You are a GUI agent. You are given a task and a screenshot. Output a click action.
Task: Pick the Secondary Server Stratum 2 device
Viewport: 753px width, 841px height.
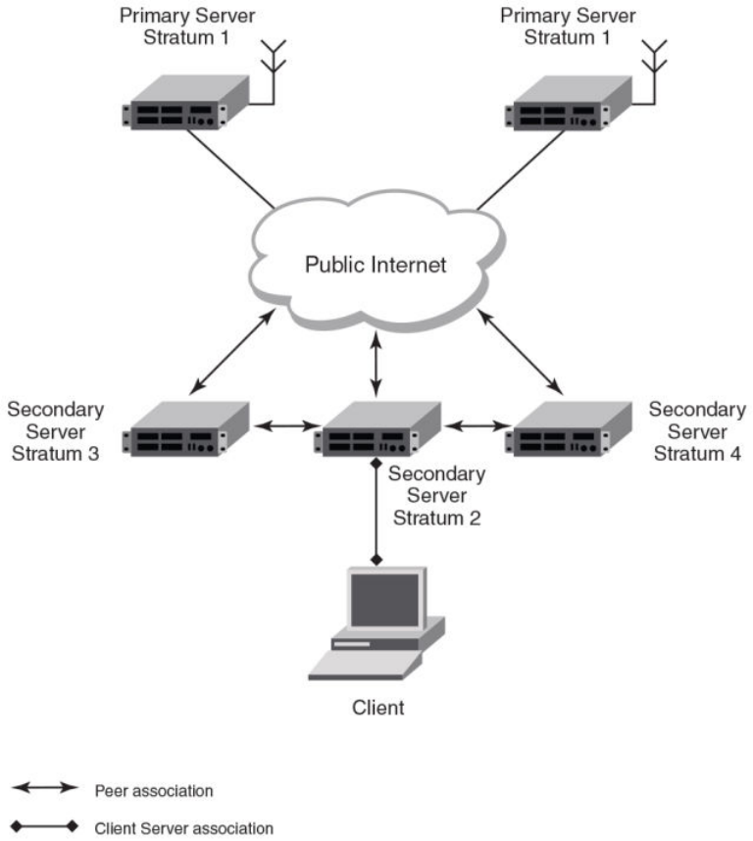pyautogui.click(x=376, y=429)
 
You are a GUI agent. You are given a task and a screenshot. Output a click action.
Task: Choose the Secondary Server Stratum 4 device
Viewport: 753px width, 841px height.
pyautogui.click(x=567, y=429)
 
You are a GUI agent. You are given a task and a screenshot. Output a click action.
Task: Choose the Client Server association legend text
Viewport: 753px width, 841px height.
pyautogui.click(x=184, y=828)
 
